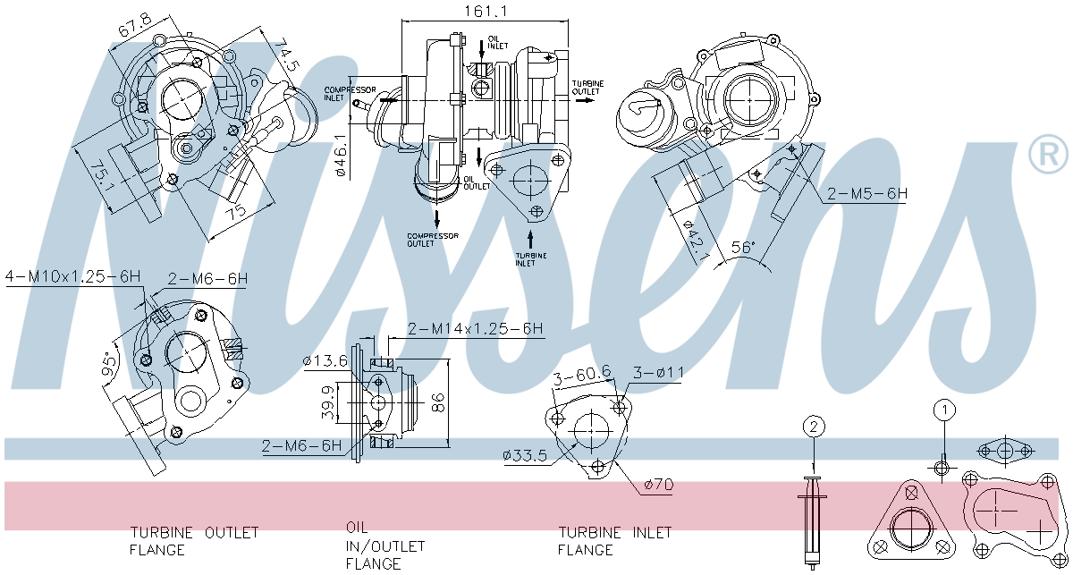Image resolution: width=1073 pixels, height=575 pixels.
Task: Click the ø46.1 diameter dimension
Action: [x=341, y=156]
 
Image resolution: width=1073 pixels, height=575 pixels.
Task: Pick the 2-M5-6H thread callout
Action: [x=866, y=193]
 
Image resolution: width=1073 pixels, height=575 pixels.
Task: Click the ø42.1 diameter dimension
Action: [x=694, y=241]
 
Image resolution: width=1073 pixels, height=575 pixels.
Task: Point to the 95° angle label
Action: [x=109, y=367]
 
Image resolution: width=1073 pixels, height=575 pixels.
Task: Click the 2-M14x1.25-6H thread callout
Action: [x=476, y=329]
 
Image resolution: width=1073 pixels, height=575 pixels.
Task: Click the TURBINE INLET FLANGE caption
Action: [x=614, y=541]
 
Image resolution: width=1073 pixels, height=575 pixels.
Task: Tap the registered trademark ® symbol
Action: [x=1048, y=156]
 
